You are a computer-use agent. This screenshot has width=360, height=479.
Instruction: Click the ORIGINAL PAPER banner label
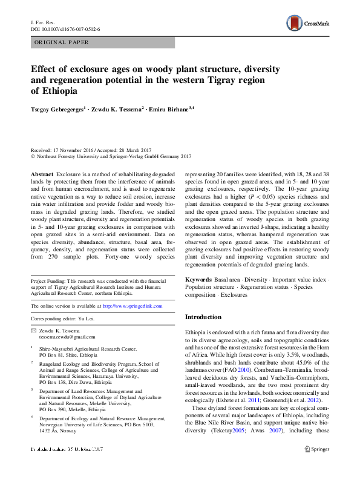[x=62, y=42]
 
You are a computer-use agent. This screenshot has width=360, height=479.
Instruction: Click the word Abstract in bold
[x=42, y=174]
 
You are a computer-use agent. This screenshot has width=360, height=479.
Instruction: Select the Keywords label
[x=198, y=279]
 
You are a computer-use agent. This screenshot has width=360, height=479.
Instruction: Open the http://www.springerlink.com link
[x=133, y=306]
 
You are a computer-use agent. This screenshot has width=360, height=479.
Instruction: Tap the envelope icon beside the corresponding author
[x=33, y=329]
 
